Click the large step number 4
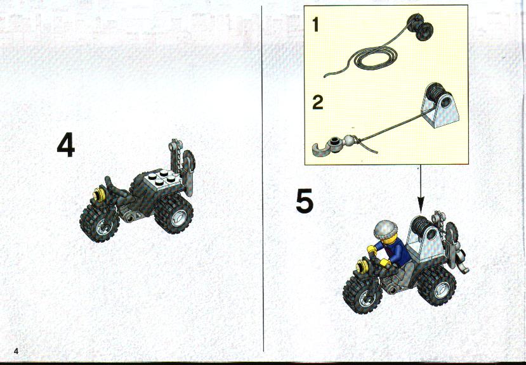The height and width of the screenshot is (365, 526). click(66, 144)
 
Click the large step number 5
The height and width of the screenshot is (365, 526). click(305, 200)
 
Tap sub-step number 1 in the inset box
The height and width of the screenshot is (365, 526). click(315, 25)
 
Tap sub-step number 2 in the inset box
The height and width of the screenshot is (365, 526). click(317, 103)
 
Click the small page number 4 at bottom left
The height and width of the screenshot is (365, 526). click(16, 351)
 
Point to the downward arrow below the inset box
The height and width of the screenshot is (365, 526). click(420, 189)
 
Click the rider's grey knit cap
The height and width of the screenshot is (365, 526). click(385, 229)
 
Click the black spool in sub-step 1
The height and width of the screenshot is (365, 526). click(419, 27)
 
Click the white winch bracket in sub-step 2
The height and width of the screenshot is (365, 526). click(440, 106)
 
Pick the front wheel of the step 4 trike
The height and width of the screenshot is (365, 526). click(99, 223)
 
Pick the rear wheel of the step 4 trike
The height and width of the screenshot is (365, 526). click(174, 214)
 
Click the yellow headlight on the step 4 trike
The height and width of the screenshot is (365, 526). click(99, 195)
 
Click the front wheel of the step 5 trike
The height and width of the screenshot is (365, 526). click(362, 295)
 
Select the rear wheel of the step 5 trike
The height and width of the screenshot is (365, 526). click(437, 286)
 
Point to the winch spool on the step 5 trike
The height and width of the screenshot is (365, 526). click(420, 225)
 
